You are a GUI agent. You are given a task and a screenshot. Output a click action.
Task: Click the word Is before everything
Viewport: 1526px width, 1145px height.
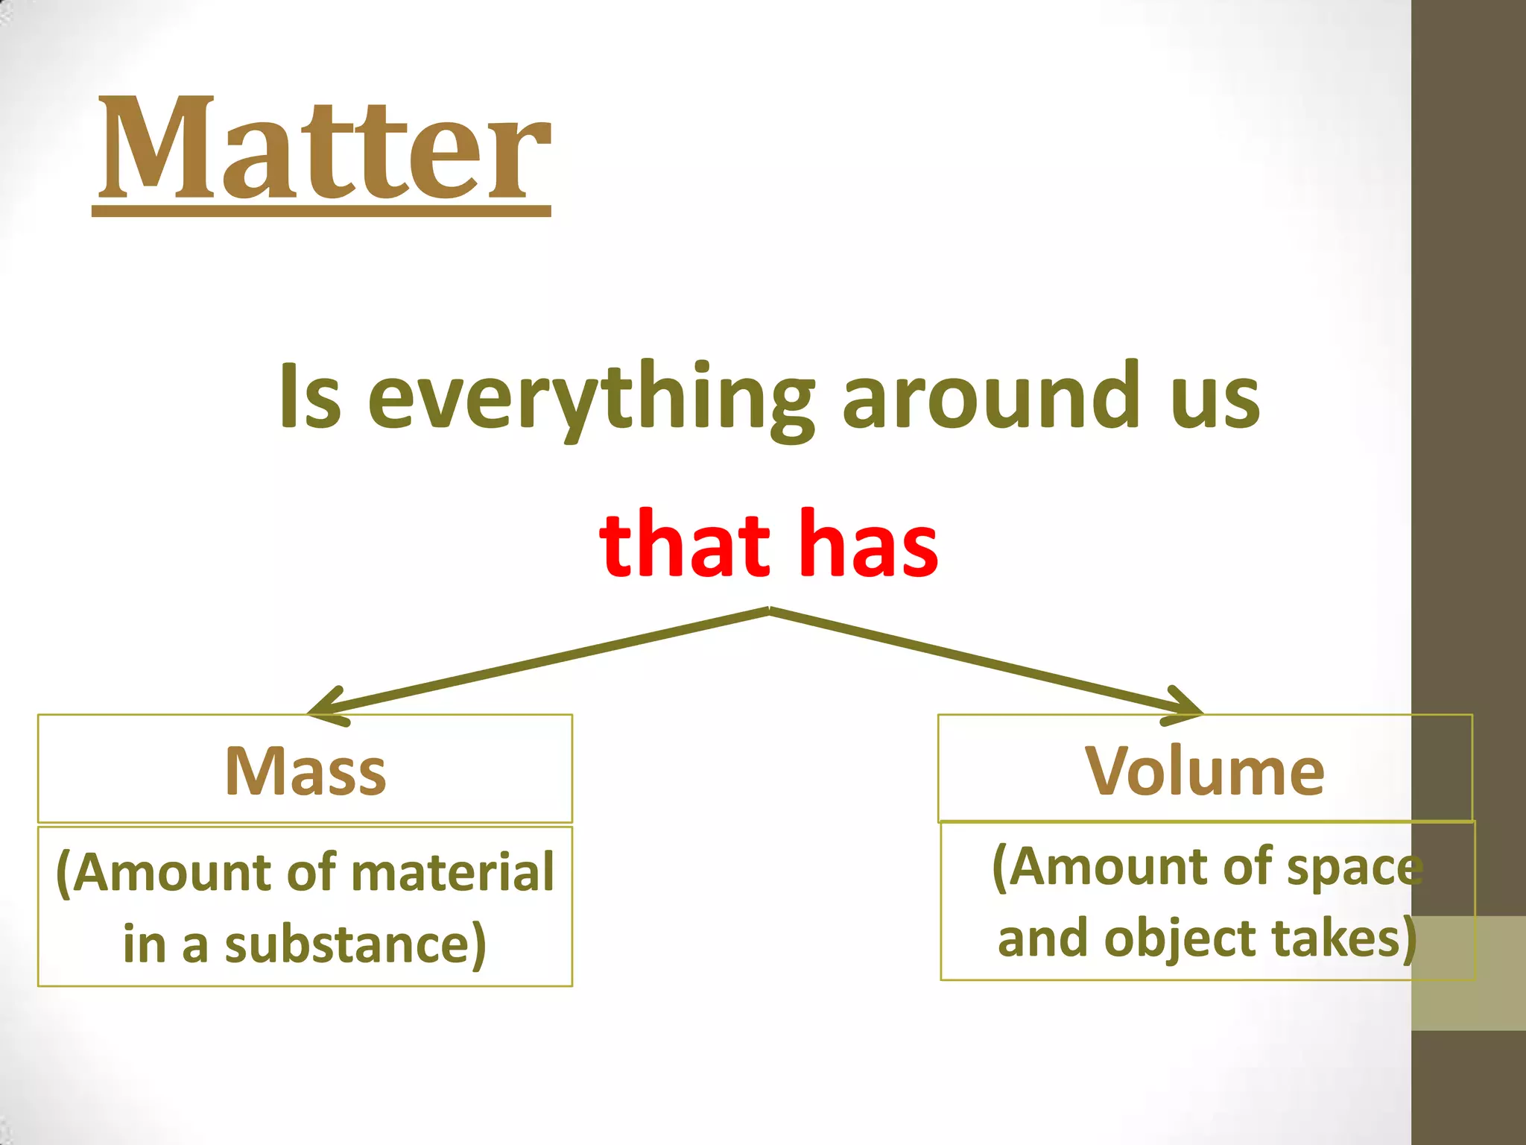(310, 397)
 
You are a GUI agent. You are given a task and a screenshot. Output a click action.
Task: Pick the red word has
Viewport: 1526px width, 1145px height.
(869, 544)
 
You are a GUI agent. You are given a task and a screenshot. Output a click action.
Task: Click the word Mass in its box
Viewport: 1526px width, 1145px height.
(305, 772)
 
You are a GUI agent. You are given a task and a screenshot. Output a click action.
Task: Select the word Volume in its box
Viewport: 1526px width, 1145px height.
(1205, 772)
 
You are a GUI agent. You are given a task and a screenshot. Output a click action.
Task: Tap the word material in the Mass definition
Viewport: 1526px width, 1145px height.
(453, 872)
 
